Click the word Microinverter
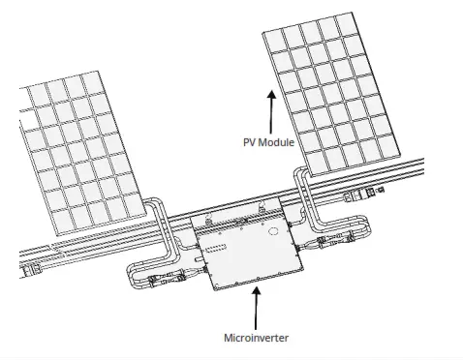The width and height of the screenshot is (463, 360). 257,338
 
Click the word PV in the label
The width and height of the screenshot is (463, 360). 250,141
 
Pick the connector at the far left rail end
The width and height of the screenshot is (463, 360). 33,262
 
